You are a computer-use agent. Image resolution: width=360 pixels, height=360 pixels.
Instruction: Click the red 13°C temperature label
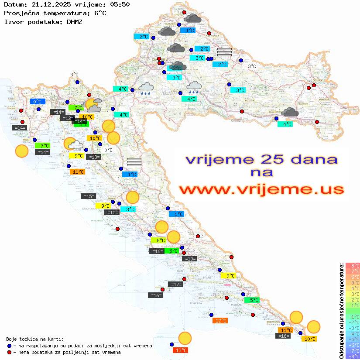(x=181, y=350)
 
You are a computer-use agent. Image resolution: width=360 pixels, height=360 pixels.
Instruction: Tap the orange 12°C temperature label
(x=220, y=321)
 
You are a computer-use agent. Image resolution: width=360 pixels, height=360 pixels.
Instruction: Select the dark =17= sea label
(x=176, y=285)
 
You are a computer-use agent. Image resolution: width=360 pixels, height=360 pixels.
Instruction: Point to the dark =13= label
(x=94, y=157)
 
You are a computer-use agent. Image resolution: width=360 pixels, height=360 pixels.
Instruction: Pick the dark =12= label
(x=67, y=118)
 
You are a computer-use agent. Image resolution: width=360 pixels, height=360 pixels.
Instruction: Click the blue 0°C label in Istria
(x=38, y=102)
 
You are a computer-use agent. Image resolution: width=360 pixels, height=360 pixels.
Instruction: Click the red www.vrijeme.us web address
(x=261, y=190)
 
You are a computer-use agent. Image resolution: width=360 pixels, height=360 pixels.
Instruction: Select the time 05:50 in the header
(x=120, y=4)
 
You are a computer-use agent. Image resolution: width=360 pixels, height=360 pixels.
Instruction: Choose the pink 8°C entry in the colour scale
(x=353, y=266)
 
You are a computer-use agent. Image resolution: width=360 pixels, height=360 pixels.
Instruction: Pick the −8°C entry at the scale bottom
(x=353, y=356)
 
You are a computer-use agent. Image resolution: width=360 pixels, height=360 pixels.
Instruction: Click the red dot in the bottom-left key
(x=10, y=352)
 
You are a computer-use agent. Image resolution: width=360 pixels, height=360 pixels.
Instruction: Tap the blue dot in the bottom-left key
(x=10, y=346)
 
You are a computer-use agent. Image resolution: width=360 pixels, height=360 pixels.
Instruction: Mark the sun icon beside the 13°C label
(x=185, y=338)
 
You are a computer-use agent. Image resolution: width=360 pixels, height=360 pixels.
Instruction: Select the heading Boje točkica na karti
(x=35, y=339)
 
